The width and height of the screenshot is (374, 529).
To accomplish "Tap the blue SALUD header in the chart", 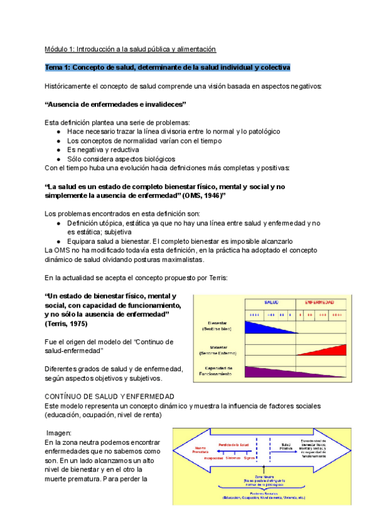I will coord(271,302).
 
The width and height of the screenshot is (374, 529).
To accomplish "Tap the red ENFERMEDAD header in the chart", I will coord(319,302).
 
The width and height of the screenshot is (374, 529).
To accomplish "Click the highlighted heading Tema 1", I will coord(167,67).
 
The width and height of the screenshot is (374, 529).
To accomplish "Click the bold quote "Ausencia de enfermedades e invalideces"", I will coord(116,104).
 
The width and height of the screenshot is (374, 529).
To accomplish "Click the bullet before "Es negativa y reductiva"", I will coord(59,150).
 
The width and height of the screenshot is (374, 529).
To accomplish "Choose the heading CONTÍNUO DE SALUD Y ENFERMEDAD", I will coord(110,397).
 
